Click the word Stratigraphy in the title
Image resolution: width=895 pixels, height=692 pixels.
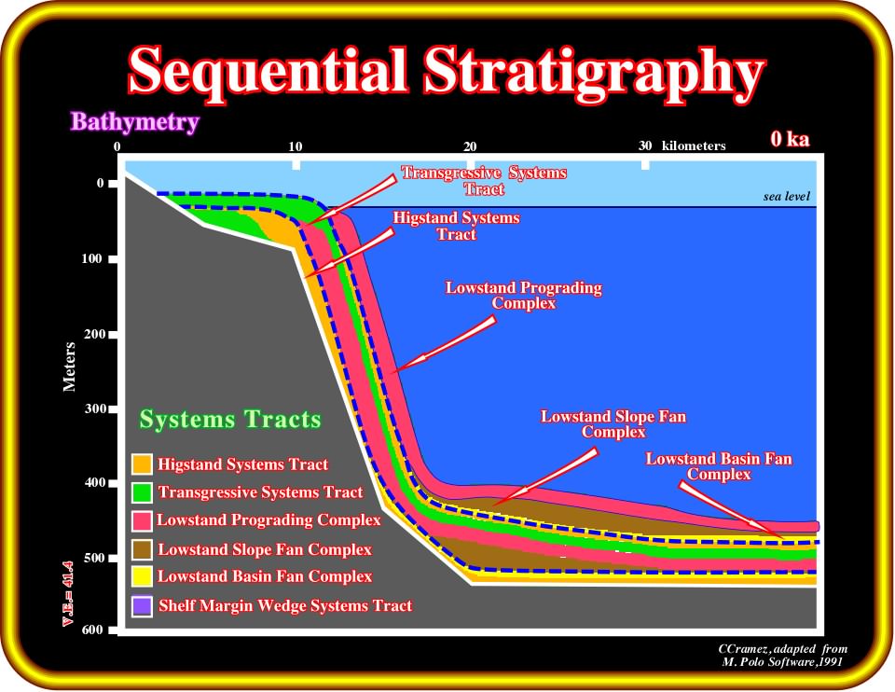[594, 73]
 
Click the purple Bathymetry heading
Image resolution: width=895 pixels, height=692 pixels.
[134, 121]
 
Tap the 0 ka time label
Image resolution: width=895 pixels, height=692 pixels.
[790, 139]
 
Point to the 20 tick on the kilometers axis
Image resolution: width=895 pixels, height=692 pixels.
[470, 146]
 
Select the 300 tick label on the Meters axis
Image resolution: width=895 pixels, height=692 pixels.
[95, 408]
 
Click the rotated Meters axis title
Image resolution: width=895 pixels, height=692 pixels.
[69, 367]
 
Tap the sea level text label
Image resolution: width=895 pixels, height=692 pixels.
[786, 197]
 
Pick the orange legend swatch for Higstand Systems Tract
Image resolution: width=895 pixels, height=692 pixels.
[142, 464]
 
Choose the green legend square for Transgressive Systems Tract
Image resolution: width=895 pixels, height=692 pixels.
[142, 492]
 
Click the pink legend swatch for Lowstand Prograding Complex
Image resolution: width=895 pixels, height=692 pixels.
[142, 520]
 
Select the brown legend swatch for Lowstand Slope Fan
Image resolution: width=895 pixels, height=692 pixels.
[142, 549]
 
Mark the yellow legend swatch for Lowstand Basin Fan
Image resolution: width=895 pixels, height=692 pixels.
[142, 576]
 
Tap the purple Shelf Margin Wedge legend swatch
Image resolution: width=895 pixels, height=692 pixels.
[142, 606]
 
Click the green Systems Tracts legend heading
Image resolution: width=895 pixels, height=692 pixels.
[230, 419]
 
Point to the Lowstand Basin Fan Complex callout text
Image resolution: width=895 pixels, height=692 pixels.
[719, 466]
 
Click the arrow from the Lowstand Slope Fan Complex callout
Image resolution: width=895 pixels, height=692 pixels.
[544, 477]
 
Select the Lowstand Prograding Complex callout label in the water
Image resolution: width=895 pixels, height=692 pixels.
[523, 296]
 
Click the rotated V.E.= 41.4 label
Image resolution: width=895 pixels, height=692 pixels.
[68, 594]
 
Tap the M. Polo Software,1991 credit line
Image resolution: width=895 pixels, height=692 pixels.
[782, 662]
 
